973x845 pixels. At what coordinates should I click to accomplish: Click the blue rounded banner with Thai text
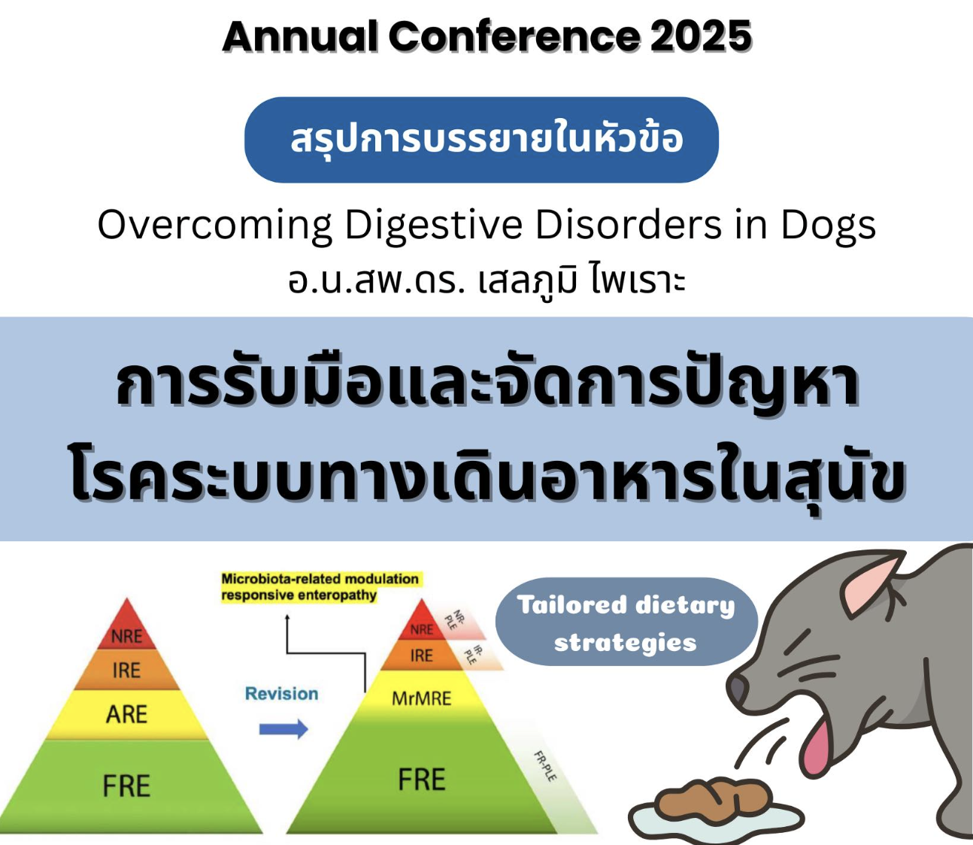[x=481, y=140]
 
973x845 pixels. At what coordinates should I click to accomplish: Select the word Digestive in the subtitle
[x=433, y=225]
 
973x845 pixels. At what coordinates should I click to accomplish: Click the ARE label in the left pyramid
[x=126, y=714]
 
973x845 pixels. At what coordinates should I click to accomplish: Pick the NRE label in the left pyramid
[x=126, y=636]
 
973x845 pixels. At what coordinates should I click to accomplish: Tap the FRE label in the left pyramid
[x=126, y=786]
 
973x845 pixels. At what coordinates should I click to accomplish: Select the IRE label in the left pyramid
[x=126, y=671]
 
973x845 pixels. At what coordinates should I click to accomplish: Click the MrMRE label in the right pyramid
[x=421, y=698]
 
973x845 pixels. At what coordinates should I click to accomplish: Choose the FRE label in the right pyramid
[x=422, y=780]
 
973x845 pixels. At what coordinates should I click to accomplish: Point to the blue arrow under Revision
[x=283, y=729]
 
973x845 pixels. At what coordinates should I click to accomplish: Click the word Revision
[x=281, y=693]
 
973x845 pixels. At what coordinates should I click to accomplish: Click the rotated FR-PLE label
[x=545, y=766]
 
